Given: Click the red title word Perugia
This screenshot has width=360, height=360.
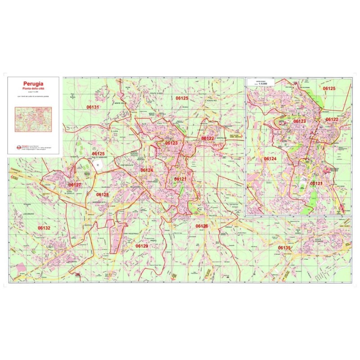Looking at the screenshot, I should (33, 83).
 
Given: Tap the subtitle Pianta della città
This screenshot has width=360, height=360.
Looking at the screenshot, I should (33, 89).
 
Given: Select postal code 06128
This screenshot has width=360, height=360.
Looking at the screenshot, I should (103, 194).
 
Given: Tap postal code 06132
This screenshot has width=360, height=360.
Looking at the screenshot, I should (44, 228).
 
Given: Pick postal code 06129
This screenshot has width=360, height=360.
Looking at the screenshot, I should (142, 246).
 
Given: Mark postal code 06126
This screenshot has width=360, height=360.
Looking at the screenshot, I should (201, 225).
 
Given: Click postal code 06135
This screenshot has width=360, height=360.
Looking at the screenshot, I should (284, 247).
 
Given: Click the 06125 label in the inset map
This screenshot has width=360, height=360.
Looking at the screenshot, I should (329, 89).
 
